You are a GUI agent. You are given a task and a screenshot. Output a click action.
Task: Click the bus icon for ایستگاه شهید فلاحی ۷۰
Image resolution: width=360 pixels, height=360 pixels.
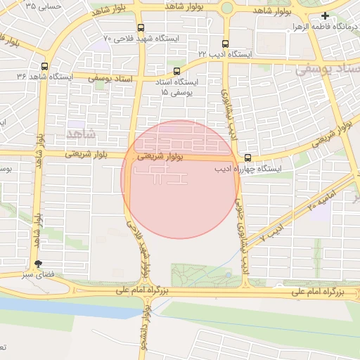point(141,27)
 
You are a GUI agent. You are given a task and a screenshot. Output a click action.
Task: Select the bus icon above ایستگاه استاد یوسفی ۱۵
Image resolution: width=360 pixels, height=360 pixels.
point(176,70)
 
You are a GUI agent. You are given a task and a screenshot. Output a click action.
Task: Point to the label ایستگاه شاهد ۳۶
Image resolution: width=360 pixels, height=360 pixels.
point(21,76)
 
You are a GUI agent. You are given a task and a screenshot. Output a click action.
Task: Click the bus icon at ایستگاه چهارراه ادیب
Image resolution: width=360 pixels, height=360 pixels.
point(247,157)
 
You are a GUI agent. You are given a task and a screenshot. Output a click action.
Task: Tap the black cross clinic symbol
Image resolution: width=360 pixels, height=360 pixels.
point(324,15)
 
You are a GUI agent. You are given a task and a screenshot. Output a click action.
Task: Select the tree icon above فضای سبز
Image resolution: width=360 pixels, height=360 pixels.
point(37,264)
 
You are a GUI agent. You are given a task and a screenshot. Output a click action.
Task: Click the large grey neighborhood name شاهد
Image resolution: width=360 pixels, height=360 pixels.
point(77,133)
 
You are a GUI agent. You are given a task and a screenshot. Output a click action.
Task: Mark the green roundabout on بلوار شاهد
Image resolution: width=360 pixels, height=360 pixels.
point(226,8)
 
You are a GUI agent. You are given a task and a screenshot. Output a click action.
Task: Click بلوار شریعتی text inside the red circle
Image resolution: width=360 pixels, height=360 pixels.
point(160,157)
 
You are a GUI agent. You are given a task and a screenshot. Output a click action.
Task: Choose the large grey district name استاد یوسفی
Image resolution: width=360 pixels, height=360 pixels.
point(328,70)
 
